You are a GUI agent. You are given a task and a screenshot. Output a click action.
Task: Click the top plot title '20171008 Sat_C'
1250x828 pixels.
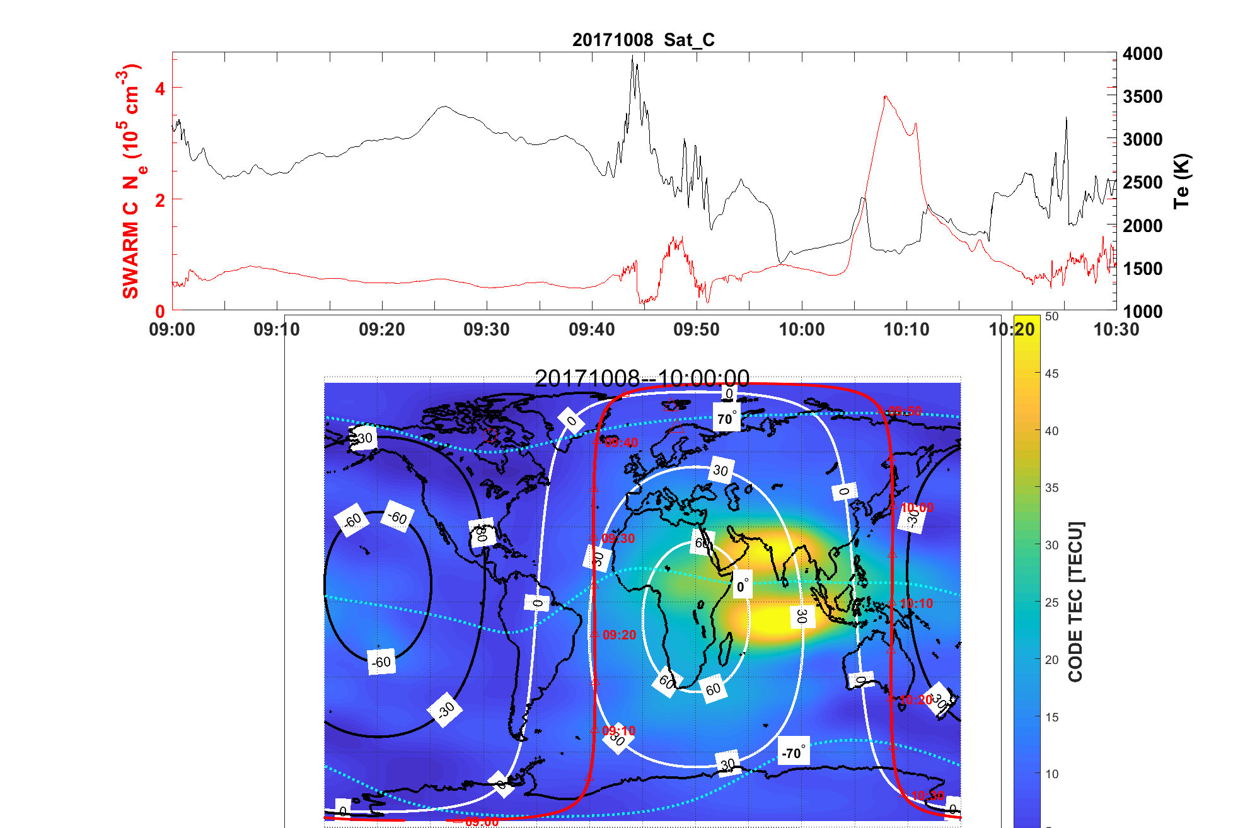pos(643,40)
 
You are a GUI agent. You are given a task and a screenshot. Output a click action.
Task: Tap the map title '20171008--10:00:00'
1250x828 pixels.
pos(642,378)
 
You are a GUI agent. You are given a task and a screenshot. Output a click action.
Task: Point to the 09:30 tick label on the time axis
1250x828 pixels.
pos(487,329)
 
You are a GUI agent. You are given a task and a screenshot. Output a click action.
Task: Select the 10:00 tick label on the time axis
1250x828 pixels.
pos(801,329)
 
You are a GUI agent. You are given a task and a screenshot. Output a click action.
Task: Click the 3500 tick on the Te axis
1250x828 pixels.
pos(1142,96)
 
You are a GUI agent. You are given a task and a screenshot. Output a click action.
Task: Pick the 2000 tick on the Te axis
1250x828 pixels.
pos(1142,226)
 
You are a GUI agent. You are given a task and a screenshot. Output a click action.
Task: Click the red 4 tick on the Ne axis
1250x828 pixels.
pos(160,89)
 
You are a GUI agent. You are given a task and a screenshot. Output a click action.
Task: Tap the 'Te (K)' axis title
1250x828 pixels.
pos(1181,181)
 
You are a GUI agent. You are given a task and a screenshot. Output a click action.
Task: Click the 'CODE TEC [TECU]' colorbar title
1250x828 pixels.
pos(1075,602)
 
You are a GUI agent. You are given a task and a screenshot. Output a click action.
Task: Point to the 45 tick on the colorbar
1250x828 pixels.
pos(1051,373)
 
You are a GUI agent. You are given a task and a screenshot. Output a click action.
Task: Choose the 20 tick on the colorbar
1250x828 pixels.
pos(1051,660)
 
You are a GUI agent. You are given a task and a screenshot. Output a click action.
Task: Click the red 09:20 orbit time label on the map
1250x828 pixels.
pos(619,635)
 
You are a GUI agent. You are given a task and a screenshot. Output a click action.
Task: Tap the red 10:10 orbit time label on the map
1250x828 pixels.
pos(916,604)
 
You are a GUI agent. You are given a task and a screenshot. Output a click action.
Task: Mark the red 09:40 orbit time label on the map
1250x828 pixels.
pos(621,443)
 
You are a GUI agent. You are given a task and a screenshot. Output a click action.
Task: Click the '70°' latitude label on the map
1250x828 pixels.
pos(726,419)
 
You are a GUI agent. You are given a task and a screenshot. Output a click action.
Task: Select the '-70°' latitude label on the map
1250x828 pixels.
pos(793,752)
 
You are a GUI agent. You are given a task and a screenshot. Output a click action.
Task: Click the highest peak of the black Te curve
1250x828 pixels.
pos(633,56)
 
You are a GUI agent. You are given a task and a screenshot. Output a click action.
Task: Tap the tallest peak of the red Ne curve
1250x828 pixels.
pos(886,96)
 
